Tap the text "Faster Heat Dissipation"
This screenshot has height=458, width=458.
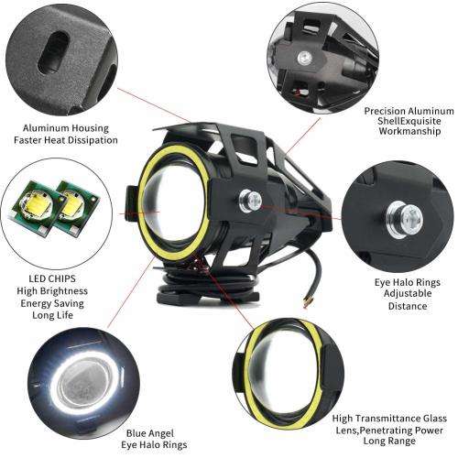click(66, 140)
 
